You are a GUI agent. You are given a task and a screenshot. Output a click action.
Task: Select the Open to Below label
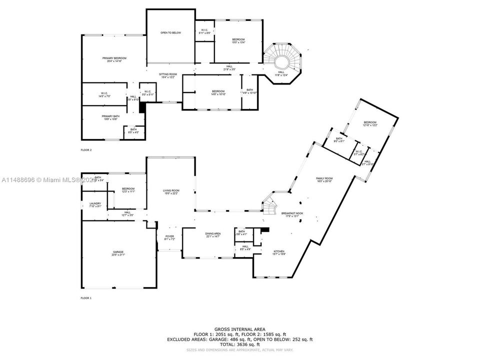tap(170, 33)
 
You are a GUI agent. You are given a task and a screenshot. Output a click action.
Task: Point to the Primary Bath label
tap(109, 117)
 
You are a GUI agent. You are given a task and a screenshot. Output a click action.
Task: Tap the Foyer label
tap(170, 238)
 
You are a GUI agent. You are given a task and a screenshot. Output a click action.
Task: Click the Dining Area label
tap(213, 235)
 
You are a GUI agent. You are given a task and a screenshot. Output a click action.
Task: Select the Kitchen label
tap(279, 252)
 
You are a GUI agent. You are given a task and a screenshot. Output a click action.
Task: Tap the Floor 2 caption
tap(86, 149)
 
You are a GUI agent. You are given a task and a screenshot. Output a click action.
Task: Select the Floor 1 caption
tap(86, 297)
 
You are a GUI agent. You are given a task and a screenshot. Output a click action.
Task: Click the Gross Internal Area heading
tap(240, 328)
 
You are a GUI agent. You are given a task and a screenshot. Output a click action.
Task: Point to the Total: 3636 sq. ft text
tap(240, 343)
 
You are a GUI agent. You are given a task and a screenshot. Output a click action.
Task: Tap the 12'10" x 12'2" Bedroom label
tap(370, 123)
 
